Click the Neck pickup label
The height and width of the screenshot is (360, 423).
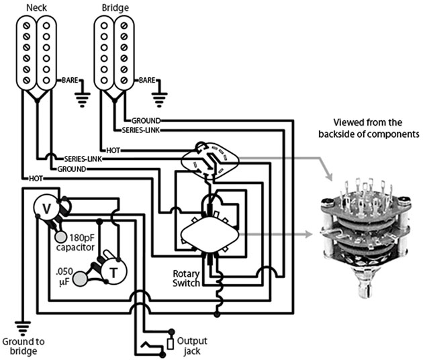click(37, 7)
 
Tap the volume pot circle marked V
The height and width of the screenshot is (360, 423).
click(46, 209)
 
